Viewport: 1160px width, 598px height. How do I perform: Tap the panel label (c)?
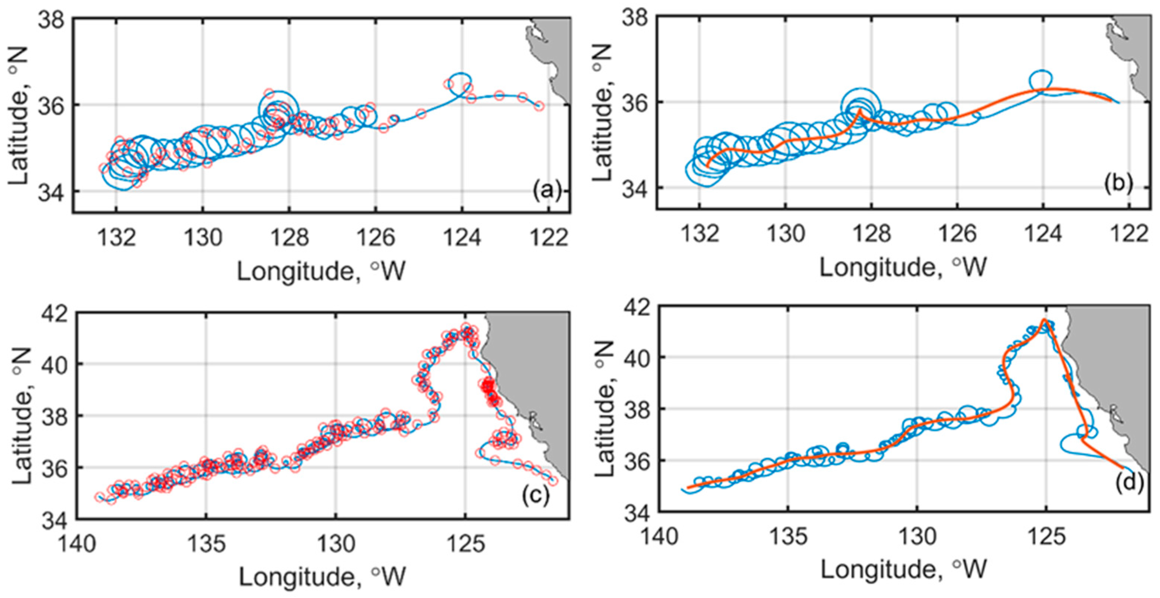(535, 495)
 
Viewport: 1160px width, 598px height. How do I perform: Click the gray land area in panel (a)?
(553, 54)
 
